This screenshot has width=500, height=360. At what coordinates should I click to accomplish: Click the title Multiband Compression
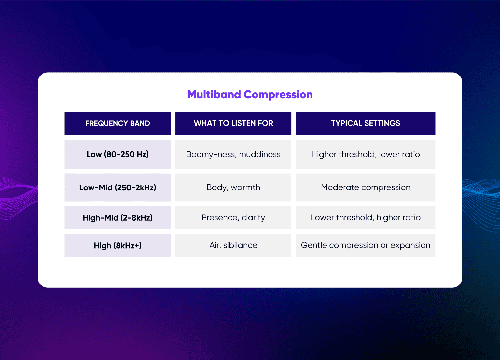250,94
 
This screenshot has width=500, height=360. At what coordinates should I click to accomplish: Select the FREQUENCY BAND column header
118,123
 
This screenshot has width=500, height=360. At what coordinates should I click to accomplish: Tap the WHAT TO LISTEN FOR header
233,123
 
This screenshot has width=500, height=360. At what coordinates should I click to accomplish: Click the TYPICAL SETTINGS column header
366,123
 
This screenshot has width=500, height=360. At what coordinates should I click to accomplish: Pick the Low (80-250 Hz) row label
118,154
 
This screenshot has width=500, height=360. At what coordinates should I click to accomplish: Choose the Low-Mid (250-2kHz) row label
118,187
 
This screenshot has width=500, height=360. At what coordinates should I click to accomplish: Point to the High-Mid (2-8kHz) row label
118,218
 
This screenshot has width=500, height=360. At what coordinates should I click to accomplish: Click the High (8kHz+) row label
118,246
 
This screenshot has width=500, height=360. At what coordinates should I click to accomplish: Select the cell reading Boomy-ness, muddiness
233,154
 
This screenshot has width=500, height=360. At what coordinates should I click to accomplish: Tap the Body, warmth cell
233,187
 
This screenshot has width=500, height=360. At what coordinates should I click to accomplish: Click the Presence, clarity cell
233,217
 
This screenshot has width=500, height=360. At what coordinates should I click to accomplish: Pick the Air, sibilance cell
233,245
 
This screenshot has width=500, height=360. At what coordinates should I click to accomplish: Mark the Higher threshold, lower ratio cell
366,154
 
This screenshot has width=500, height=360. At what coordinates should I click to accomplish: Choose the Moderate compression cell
366,187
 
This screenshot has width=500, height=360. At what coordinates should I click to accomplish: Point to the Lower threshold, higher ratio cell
366,217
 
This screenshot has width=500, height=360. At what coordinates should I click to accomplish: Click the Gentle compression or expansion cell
366,245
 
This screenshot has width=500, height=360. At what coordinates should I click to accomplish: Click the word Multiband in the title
214,94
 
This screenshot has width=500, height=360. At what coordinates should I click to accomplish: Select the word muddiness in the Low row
260,154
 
